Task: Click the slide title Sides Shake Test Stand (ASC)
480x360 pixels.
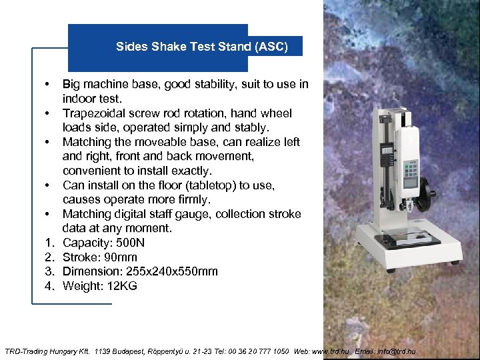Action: point(201,47)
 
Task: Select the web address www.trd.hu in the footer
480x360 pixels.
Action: point(331,351)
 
